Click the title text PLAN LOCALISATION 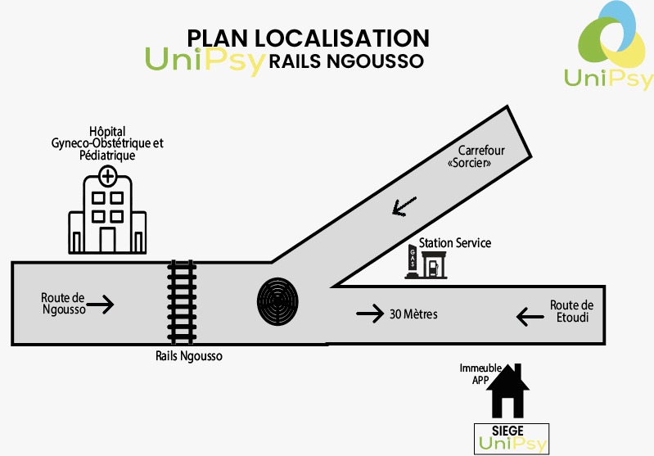(309, 38)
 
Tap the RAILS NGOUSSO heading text (345, 61)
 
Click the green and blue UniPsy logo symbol (611, 36)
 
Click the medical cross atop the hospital (107, 175)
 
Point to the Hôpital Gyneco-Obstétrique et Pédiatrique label (107, 142)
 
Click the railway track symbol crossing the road (182, 302)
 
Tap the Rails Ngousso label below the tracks (189, 356)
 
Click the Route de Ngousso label (63, 304)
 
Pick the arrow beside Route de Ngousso (100, 305)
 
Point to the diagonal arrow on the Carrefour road (404, 206)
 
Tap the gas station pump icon (426, 263)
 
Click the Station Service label (454, 243)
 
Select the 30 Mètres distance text (414, 314)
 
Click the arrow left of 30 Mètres (370, 313)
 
